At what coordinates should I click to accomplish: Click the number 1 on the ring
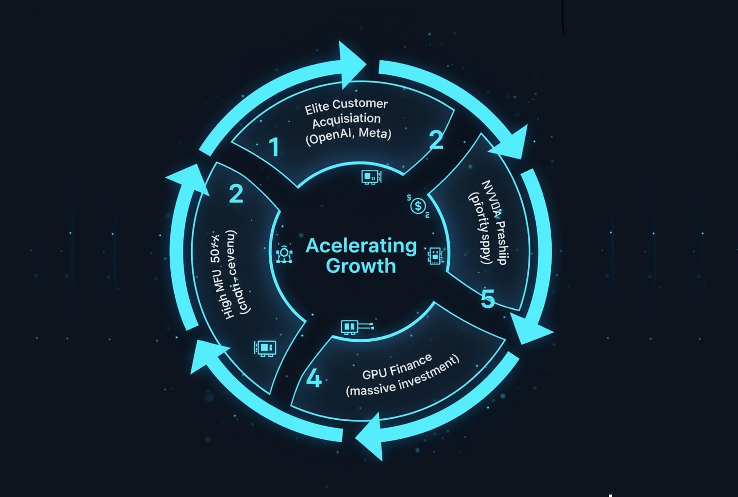[274, 147]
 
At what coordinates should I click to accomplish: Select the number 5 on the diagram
[488, 299]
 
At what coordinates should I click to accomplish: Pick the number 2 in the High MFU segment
[236, 194]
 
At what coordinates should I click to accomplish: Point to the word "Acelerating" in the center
[361, 246]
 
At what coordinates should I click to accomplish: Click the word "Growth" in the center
[361, 266]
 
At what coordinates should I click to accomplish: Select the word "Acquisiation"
[346, 120]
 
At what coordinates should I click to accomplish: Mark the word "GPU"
[374, 373]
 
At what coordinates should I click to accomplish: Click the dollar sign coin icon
[418, 205]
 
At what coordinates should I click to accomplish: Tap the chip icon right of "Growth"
[435, 255]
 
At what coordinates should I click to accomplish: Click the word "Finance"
[411, 364]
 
